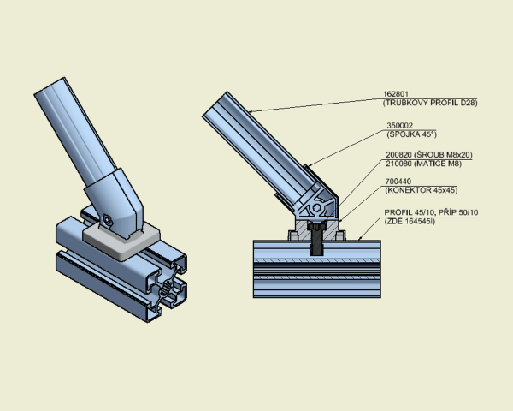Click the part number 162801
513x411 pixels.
396,94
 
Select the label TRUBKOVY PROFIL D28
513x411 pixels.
430,103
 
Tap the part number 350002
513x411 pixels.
400,126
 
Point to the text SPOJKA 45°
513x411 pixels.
411,134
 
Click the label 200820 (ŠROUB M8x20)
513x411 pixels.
429,155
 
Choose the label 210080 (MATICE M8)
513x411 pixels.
424,164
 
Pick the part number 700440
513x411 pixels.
398,182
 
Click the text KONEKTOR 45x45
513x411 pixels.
422,190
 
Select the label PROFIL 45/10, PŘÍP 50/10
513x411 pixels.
431,212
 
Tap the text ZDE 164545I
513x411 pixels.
410,221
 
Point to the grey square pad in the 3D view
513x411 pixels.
121,241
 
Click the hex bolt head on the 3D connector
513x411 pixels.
107,220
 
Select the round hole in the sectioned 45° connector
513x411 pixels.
316,208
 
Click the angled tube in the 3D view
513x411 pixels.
75,131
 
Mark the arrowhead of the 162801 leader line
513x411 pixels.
251,112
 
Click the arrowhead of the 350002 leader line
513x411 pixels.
310,165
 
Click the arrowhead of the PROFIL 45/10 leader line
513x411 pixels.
359,239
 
